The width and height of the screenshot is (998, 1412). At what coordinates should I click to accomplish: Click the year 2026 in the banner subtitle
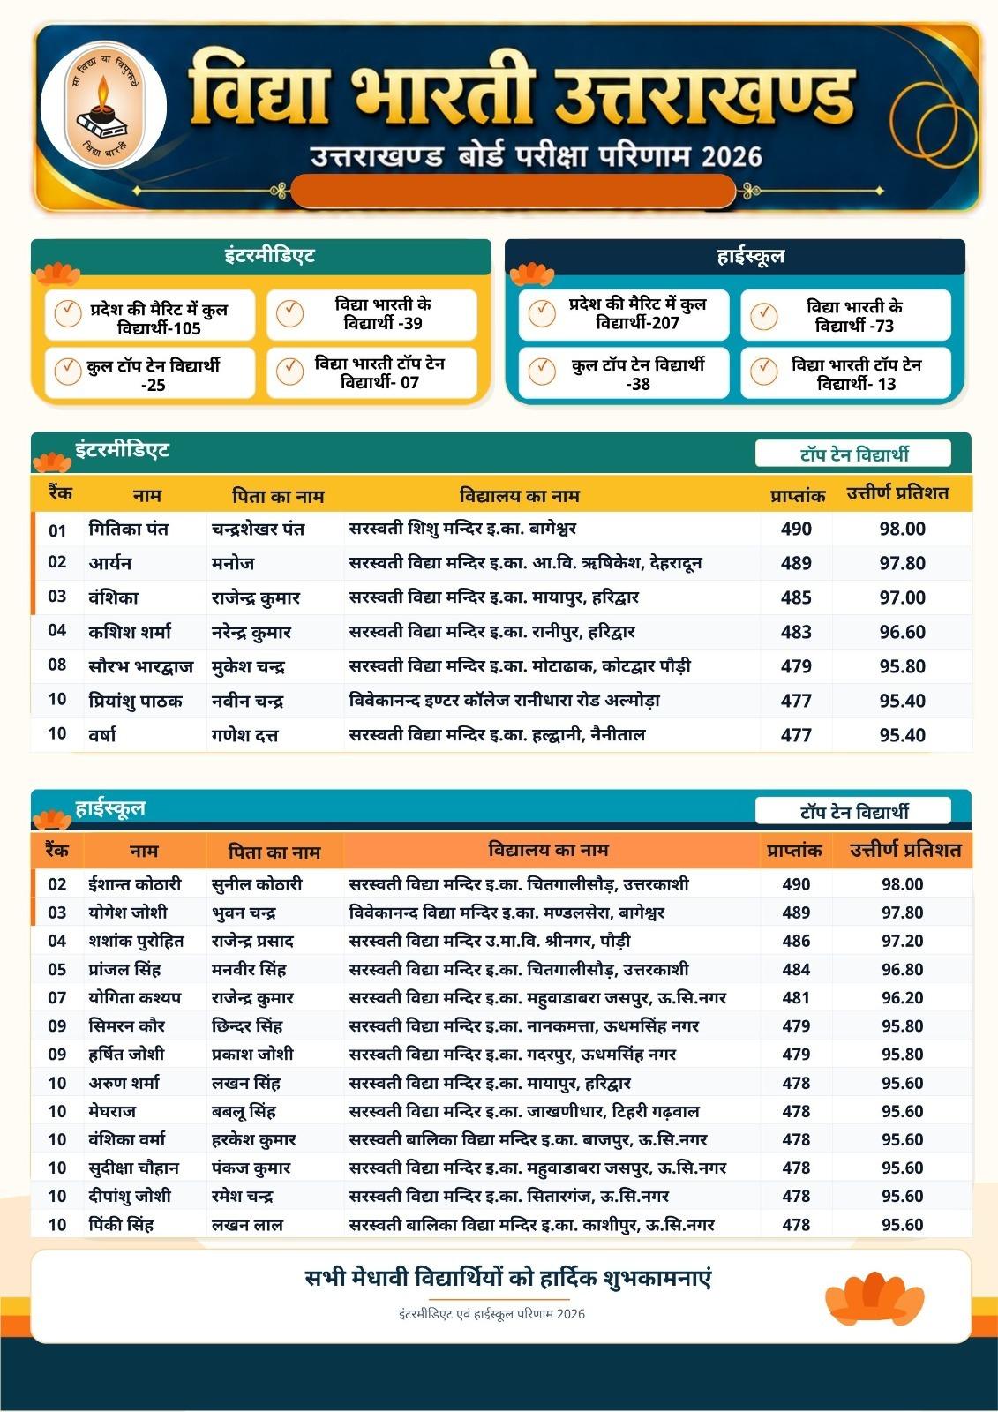732,157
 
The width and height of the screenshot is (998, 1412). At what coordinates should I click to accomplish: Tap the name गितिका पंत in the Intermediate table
129,529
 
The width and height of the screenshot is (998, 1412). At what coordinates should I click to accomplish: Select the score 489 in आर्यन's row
796,563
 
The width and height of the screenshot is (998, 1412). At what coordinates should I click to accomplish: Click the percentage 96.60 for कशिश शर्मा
902,632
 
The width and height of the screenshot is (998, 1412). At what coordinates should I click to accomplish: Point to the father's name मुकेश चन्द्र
248,666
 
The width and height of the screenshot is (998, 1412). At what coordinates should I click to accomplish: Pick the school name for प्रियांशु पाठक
504,701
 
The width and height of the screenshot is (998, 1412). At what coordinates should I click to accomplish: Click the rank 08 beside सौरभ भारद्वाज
57,665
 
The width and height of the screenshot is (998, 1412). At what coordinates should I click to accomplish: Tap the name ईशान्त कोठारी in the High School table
135,884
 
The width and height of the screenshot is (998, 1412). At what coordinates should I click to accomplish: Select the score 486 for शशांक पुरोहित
796,941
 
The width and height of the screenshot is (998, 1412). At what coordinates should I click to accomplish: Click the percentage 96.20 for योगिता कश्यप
902,997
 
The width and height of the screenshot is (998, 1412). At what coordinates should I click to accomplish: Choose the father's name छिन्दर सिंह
247,1025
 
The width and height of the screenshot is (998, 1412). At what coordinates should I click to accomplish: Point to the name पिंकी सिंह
121,1224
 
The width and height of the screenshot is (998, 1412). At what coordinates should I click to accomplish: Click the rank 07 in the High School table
57,997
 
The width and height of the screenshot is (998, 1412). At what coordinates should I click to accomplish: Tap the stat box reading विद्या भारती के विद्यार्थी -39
372,314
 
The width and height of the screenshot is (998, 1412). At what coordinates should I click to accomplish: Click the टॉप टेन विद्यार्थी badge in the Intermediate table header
852,454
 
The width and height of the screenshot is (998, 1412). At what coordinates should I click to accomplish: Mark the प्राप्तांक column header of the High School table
794,851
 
